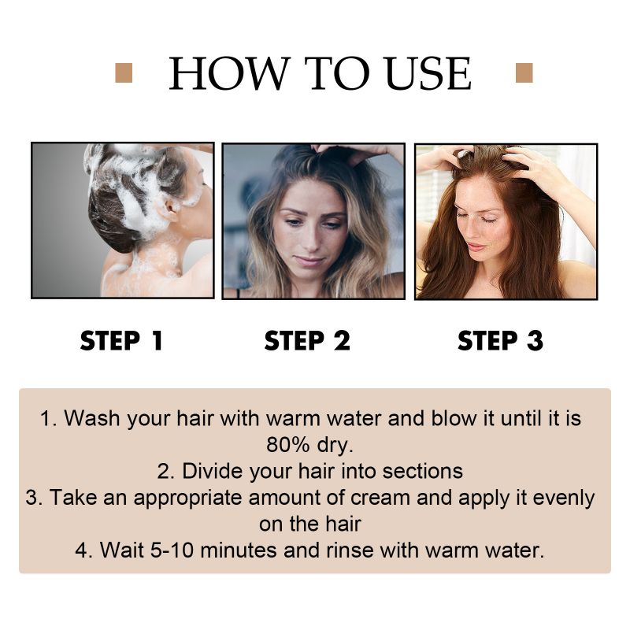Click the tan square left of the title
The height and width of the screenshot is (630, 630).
[124, 73]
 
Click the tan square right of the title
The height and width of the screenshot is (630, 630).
[524, 73]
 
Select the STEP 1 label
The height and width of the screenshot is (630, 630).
[122, 340]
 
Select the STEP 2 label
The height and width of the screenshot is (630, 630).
[307, 340]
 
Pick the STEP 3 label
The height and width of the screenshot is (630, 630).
[500, 340]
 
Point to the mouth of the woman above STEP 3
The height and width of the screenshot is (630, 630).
[476, 246]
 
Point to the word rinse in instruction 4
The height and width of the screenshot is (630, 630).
[350, 550]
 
